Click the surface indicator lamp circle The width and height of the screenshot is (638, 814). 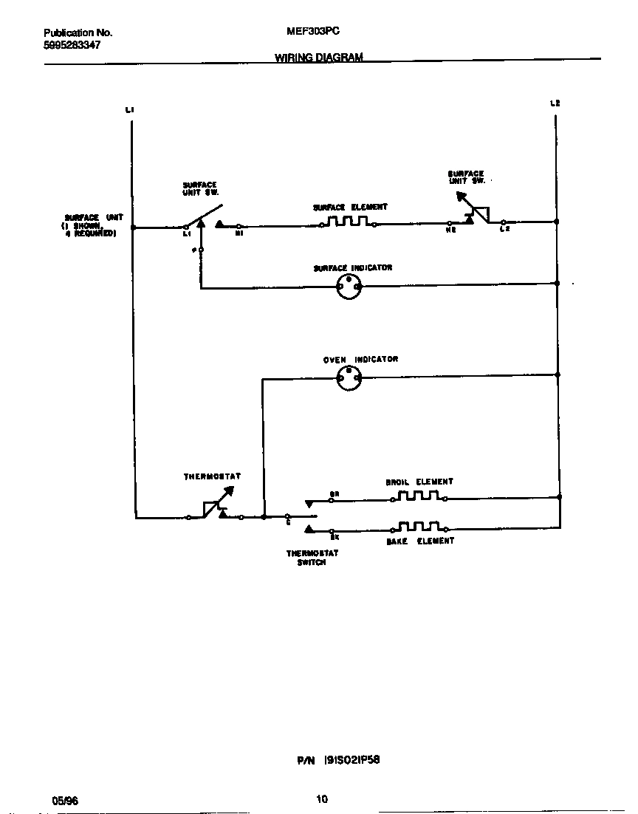coord(348,288)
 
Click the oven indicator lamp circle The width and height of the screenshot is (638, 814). coord(348,379)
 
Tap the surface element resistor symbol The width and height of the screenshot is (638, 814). coord(347,222)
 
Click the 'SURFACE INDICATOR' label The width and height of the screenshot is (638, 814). coord(352,267)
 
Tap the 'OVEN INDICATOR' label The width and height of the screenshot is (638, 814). coord(360,360)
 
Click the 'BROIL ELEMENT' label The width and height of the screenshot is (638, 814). coord(419,482)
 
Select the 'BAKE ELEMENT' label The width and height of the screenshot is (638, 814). coord(420,541)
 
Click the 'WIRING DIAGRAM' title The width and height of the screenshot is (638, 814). coord(319,58)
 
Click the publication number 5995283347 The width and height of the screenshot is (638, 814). coord(72,45)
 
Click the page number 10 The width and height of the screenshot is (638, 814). coord(321,798)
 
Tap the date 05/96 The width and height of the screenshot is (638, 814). coord(64,800)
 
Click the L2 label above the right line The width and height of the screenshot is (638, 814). coord(555,103)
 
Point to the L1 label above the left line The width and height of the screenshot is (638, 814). coord(130,110)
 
